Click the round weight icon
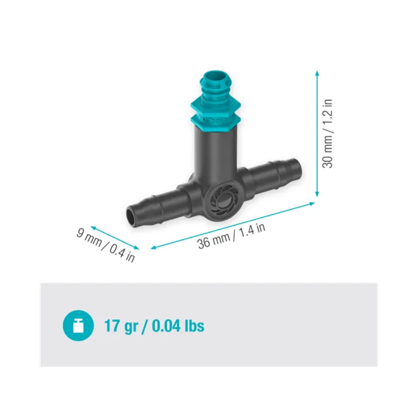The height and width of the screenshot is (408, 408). pos(78,325)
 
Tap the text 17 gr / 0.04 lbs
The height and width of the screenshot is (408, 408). pos(154,325)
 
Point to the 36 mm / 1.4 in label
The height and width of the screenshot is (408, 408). pos(232,236)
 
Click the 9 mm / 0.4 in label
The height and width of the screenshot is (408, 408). pos(106,244)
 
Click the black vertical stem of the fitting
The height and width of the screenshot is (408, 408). pos(214,153)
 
